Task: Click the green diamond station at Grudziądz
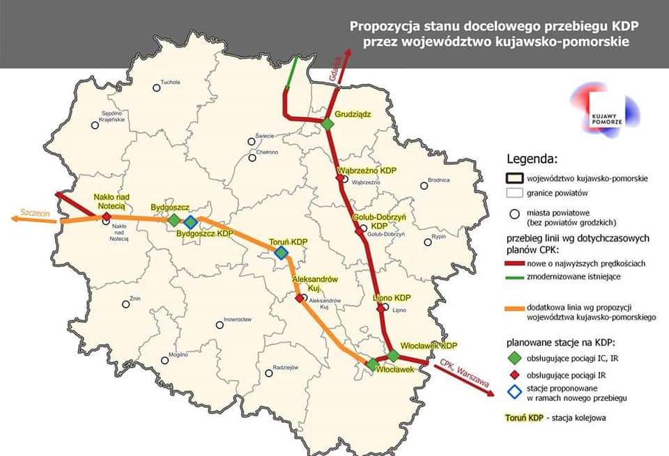point(328,124)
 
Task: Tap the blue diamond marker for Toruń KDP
point(281,253)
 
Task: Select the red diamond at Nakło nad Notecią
point(106,217)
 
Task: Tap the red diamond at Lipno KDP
point(380,308)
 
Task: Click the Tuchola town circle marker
point(156,88)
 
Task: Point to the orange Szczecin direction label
point(36,212)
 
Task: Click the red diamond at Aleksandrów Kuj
point(300,298)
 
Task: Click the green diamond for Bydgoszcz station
point(174,220)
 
